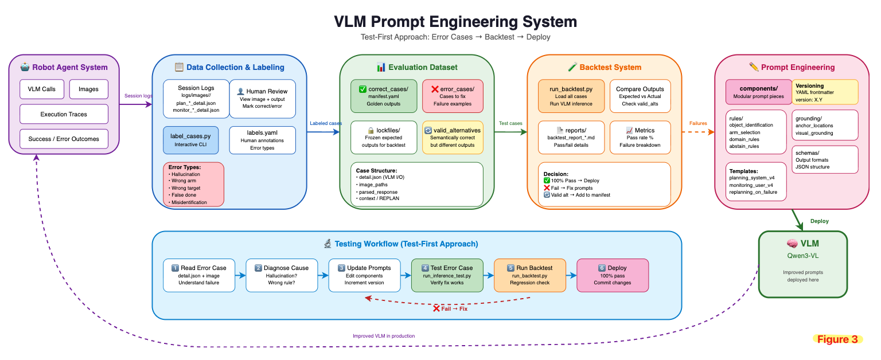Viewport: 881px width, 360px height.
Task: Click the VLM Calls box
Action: point(42,89)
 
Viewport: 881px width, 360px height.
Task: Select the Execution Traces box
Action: point(64,114)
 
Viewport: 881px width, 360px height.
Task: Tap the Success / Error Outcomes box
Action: point(64,139)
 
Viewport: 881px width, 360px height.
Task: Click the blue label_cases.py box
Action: point(191,140)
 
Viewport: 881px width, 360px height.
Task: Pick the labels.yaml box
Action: point(262,140)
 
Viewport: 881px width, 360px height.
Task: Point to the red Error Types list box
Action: point(193,185)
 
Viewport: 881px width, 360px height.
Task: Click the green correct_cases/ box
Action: point(384,96)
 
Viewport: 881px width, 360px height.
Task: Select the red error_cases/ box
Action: point(453,96)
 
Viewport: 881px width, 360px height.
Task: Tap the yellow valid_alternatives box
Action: point(453,137)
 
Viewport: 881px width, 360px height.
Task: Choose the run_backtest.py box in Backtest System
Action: point(571,96)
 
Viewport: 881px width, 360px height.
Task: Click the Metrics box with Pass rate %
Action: point(640,137)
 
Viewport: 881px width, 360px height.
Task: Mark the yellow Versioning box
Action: point(825,92)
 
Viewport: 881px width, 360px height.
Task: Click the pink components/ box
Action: point(759,92)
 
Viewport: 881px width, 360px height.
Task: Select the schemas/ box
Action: point(825,159)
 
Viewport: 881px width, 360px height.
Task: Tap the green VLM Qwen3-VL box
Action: point(803,264)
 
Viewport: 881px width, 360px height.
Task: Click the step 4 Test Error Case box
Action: point(447,275)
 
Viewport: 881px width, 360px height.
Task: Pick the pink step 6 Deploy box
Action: point(613,275)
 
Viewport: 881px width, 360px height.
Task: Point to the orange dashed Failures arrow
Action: point(698,132)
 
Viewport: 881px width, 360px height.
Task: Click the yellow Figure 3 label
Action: point(838,339)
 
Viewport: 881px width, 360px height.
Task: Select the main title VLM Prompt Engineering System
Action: point(455,22)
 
